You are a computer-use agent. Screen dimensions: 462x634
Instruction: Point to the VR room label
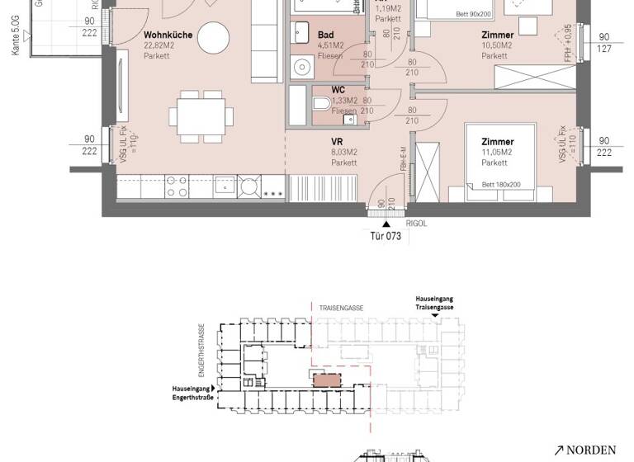(x=337, y=141)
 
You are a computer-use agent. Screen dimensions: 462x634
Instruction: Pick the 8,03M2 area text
(x=343, y=152)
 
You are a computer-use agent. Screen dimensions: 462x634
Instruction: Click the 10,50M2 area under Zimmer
(x=498, y=46)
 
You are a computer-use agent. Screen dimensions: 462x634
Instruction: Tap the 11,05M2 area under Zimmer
(x=497, y=153)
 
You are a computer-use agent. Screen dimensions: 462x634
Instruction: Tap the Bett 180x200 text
(x=501, y=185)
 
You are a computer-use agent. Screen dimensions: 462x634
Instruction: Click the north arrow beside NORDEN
(x=559, y=450)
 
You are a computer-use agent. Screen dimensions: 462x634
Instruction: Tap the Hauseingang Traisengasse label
(x=434, y=302)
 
